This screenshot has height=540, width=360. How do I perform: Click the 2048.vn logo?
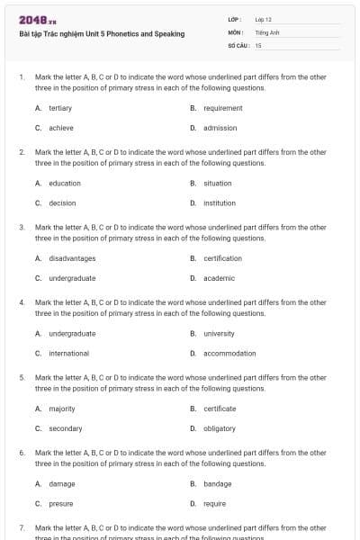tap(37, 20)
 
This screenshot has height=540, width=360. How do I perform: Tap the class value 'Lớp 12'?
tap(264, 19)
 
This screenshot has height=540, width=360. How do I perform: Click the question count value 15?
tap(258, 44)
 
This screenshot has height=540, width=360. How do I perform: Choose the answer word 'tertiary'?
tap(60, 108)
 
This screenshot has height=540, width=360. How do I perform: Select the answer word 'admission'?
tap(220, 128)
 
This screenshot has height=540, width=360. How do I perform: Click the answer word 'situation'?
tap(218, 184)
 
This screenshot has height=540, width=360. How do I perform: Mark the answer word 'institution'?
tap(220, 203)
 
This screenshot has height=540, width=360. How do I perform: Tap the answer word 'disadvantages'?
tap(72, 258)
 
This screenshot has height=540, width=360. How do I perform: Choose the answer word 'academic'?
tap(219, 278)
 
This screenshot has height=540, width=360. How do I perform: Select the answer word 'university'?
tap(219, 334)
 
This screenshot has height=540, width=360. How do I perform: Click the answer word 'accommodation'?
tap(229, 354)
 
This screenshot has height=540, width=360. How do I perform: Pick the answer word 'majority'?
tap(62, 409)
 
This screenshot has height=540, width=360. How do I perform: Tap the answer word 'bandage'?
tap(218, 484)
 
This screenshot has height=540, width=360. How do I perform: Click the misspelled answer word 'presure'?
tap(61, 504)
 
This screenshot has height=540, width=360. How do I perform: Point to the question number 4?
tap(22, 302)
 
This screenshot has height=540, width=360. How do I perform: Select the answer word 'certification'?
tap(222, 258)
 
